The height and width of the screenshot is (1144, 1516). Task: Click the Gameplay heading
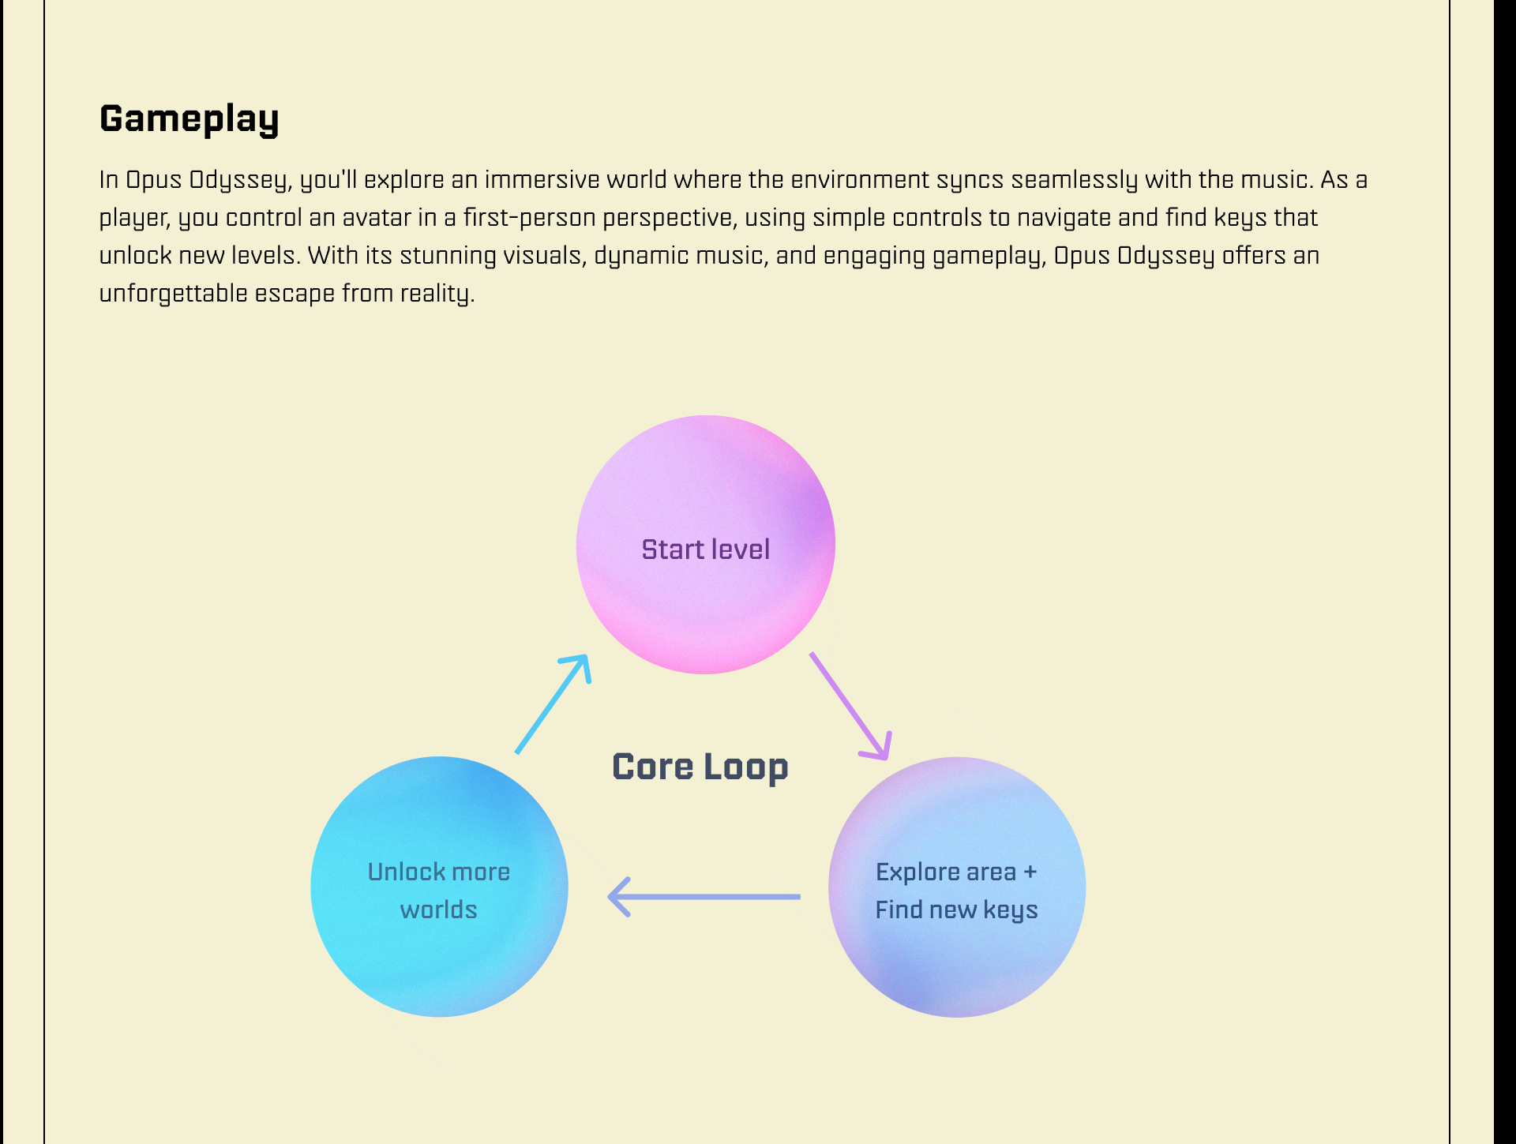point(189,119)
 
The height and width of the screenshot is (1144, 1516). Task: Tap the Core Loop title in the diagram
point(700,767)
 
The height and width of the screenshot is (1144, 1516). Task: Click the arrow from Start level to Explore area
point(850,705)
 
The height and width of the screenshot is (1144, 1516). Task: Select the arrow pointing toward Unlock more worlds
point(704,897)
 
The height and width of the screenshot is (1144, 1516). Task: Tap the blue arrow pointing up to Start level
point(553,703)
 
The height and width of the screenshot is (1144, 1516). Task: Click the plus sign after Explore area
point(1030,872)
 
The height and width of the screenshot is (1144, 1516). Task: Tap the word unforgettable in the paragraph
point(173,294)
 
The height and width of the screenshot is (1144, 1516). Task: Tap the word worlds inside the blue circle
point(438,910)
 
